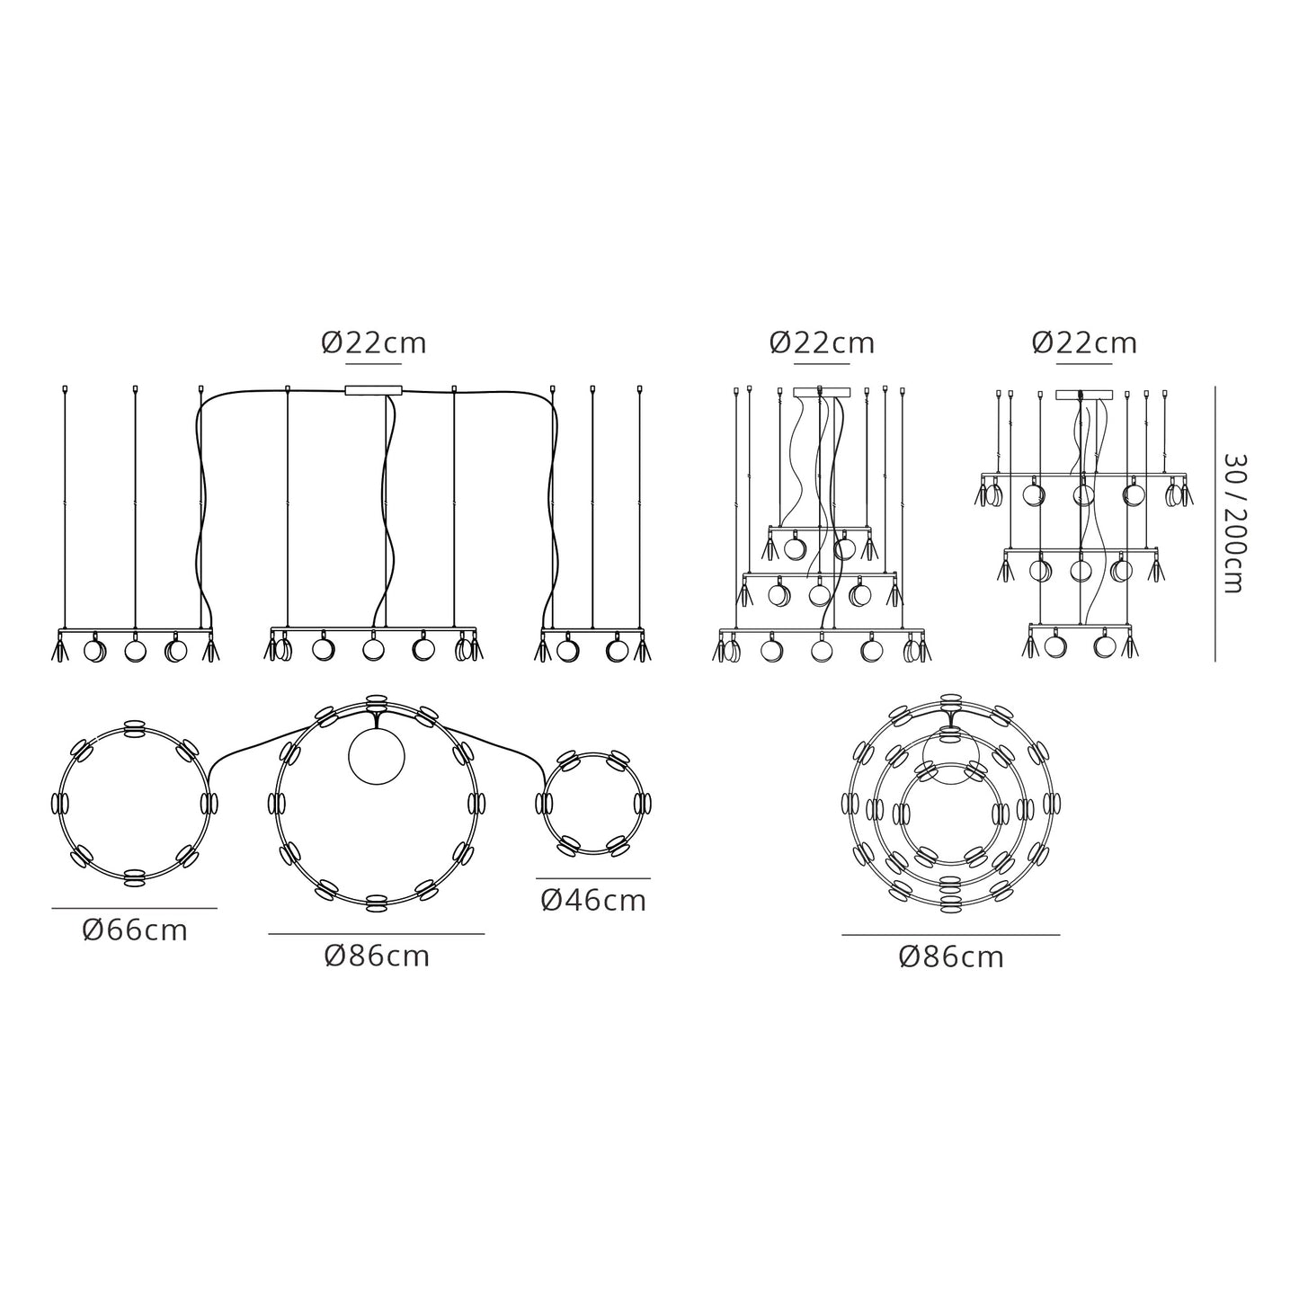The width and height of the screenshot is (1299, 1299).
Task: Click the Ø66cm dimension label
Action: pos(135,931)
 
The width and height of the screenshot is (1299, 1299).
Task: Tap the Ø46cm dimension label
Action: pos(594,902)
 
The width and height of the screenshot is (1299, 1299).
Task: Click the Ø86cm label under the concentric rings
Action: pos(951,957)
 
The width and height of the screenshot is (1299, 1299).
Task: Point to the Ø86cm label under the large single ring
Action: pos(377,956)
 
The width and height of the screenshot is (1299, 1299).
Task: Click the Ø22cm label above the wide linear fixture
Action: pos(374,343)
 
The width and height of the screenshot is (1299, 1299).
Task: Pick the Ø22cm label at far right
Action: pos(1085,343)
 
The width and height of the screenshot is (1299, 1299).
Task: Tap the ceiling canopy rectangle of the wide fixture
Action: pos(373,390)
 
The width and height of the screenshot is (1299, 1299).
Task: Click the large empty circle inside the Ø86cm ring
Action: pos(376,756)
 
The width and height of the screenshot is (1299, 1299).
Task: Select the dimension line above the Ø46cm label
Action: pos(593,878)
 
